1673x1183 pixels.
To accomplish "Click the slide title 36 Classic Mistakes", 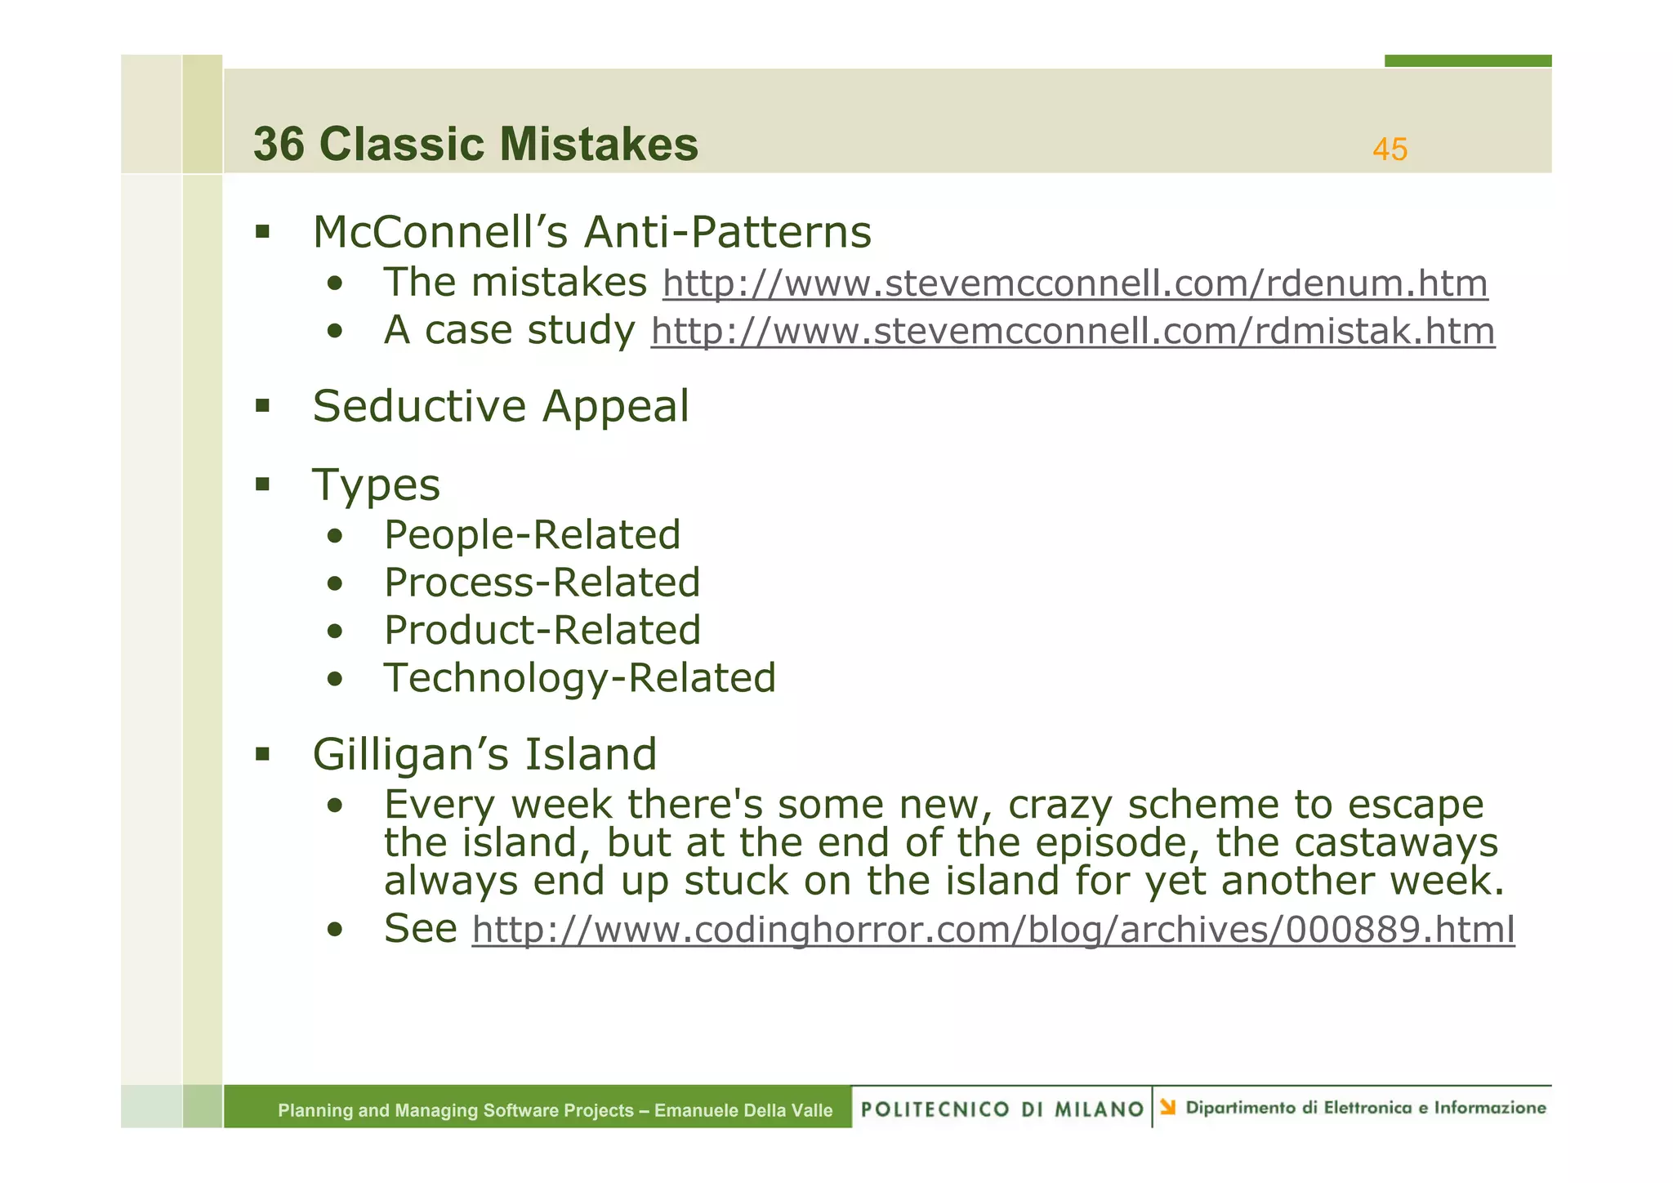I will (475, 145).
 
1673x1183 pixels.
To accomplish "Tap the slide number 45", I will (1390, 150).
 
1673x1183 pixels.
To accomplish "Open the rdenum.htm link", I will (1074, 283).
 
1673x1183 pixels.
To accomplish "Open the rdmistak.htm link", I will (1073, 332).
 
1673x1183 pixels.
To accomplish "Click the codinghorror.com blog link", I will (993, 930).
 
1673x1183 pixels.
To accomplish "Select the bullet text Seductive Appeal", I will (501, 406).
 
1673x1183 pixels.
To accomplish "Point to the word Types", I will (376, 485).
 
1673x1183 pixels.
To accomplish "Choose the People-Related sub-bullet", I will (532, 535).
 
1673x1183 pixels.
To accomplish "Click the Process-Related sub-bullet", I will (542, 583).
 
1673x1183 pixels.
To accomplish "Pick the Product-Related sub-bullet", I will (542, 630).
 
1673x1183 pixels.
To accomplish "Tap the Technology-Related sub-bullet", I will (579, 677).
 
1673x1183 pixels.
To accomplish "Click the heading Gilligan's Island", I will (484, 753).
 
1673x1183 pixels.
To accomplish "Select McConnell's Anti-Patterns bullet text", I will (591, 232).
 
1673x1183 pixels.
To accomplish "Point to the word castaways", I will (1357, 843).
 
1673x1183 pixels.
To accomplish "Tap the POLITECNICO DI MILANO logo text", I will (1002, 1109).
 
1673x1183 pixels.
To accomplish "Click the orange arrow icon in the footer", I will (1168, 1107).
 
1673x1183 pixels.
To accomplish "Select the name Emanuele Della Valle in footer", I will (743, 1110).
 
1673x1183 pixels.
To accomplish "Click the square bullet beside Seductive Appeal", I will (262, 405).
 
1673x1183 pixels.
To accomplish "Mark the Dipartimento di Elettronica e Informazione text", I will (1365, 1108).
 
